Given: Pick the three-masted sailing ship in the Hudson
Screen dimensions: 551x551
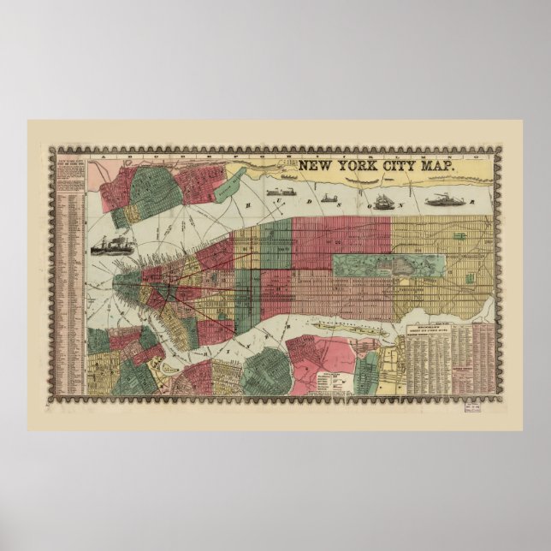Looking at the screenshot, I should [382, 198].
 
